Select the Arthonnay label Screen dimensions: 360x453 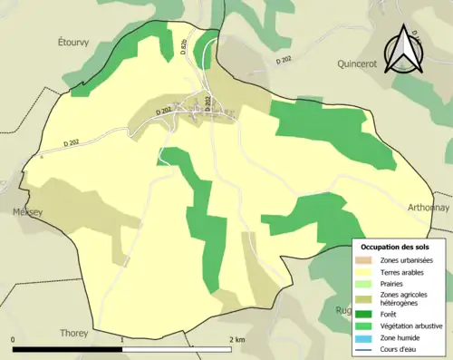429,207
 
